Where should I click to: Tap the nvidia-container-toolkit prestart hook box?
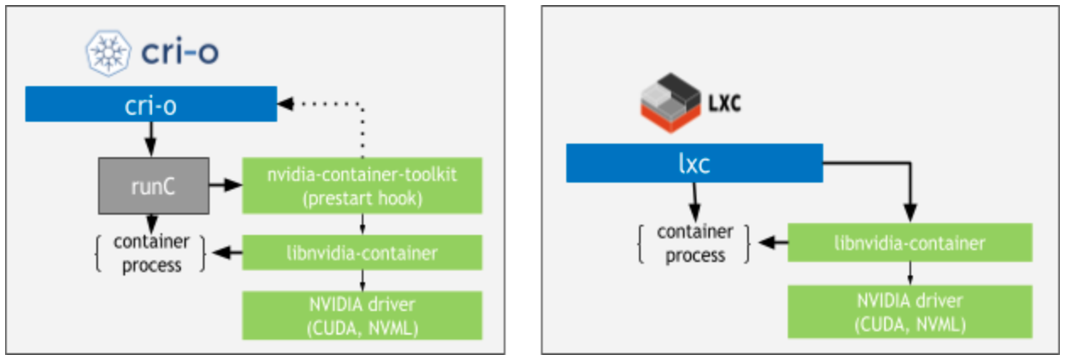(362, 186)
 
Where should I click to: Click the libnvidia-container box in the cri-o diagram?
(362, 252)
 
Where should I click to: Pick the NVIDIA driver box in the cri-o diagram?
(362, 314)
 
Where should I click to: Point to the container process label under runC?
(151, 253)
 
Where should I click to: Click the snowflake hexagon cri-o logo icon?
(105, 52)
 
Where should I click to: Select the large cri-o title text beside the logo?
(176, 52)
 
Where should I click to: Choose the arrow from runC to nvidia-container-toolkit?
(225, 183)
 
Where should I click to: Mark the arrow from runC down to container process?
(153, 222)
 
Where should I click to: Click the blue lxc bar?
(694, 162)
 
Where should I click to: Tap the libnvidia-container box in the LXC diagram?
(910, 243)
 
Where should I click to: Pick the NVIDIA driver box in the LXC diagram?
(910, 311)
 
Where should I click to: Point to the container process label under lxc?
(696, 243)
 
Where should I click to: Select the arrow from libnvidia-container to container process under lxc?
(771, 243)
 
